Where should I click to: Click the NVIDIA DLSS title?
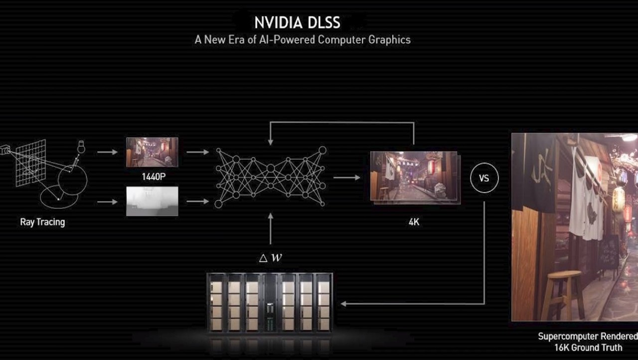[297, 22]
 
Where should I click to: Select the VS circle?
[484, 178]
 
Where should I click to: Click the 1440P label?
[154, 177]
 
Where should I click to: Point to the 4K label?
[414, 222]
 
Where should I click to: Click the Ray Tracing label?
[42, 222]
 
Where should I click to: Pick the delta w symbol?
[271, 258]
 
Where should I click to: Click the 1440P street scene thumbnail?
[152, 152]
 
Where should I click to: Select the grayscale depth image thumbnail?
[152, 201]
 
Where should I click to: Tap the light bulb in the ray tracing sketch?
[81, 147]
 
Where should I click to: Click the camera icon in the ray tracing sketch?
[5, 150]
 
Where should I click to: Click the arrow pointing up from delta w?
[271, 228]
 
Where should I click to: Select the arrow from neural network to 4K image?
[346, 178]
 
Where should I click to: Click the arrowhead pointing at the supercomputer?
[343, 304]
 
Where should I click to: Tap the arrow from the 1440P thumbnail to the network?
[198, 152]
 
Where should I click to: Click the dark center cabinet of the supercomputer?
[270, 303]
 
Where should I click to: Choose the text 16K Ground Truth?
[589, 348]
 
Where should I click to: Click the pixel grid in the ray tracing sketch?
[30, 163]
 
